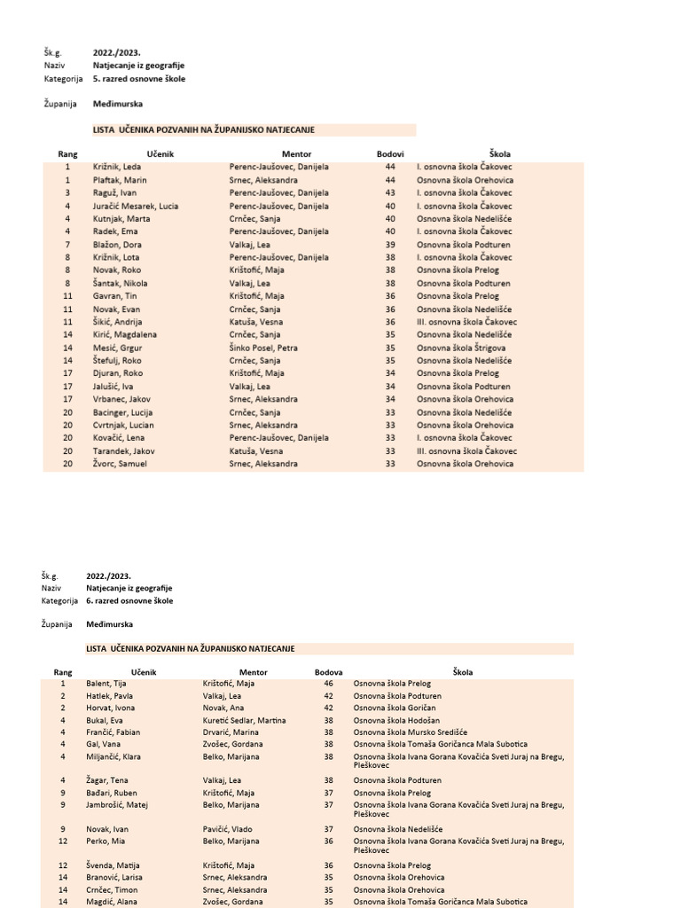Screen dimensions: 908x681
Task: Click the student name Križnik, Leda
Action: [118, 167]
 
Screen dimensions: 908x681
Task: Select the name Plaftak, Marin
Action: [120, 180]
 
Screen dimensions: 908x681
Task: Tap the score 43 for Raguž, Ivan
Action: [390, 192]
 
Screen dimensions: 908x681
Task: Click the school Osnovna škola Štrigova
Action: [461, 348]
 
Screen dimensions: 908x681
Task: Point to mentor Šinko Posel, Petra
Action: [263, 348]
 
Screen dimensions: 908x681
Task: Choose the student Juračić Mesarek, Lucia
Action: [136, 206]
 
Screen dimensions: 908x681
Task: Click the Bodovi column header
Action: [390, 154]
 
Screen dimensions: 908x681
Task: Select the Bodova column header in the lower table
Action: [328, 672]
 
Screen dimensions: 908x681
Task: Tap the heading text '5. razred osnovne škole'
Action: [139, 78]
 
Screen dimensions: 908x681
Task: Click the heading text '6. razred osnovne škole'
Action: [129, 600]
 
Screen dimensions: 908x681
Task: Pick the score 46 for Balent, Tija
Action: [328, 684]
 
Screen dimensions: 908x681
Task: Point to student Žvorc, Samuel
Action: [120, 464]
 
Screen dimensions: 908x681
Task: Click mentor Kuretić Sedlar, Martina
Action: [244, 721]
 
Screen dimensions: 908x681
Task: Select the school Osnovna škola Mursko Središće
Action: [410, 732]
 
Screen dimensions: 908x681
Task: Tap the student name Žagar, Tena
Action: [108, 780]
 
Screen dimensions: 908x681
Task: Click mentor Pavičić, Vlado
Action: [229, 829]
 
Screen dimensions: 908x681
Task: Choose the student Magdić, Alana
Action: [112, 902]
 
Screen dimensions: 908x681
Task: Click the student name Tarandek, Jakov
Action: [124, 450]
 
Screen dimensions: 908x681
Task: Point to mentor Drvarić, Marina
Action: [232, 732]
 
